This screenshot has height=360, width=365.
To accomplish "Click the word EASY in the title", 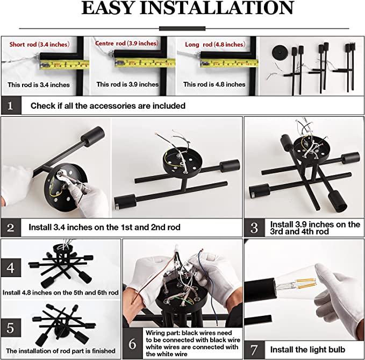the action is pos(108,8).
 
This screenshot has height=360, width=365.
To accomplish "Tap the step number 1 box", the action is pos(11,105).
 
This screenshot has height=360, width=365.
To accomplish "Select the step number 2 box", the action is pos(11,228).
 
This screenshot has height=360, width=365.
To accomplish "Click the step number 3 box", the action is pos(254,228).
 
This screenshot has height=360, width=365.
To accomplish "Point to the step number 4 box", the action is pos(11,267).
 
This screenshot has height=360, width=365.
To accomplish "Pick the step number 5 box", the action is pos(11,328).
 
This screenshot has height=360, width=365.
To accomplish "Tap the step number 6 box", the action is pos(133,343).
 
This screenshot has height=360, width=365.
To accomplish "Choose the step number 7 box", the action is pos(254,350).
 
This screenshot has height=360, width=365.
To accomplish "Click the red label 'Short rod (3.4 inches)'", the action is pos(39,44).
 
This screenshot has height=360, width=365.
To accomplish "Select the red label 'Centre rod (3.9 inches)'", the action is pos(127,44).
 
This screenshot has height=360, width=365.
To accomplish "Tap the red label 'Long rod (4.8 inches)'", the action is pos(215,44).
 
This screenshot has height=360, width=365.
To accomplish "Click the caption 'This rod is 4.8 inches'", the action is pos(214,84).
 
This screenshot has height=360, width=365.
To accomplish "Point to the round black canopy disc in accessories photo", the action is pos(280,53).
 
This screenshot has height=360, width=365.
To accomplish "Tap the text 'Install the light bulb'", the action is pos(307,350).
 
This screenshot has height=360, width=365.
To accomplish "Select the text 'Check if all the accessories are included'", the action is pos(108,106).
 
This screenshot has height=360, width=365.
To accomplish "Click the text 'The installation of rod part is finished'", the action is pos(61,351).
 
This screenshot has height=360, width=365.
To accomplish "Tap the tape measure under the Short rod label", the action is pos(65,65).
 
